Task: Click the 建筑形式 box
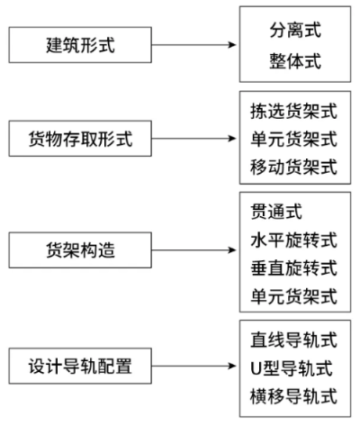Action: coord(80,45)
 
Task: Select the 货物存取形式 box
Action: coord(80,139)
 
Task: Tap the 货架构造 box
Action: coord(80,250)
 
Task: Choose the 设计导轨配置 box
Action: coord(80,366)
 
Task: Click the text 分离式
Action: coord(295,30)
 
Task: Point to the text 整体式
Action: coord(295,60)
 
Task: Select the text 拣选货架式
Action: coord(294,111)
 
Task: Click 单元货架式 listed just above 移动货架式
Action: coord(294,139)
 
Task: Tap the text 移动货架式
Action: coord(294,167)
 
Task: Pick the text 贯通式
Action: coord(276,212)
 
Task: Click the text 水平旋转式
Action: coord(294,240)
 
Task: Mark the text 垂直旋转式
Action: coord(294,268)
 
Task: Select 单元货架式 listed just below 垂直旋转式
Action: coord(294,296)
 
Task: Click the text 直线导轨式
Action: coord(294,340)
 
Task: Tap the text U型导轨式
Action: coord(292,368)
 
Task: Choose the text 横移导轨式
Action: coord(294,396)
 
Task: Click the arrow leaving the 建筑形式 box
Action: coord(193,45)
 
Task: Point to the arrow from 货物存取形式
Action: coord(193,139)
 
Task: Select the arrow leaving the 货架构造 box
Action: coord(193,250)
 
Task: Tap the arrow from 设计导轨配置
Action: coord(193,366)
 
